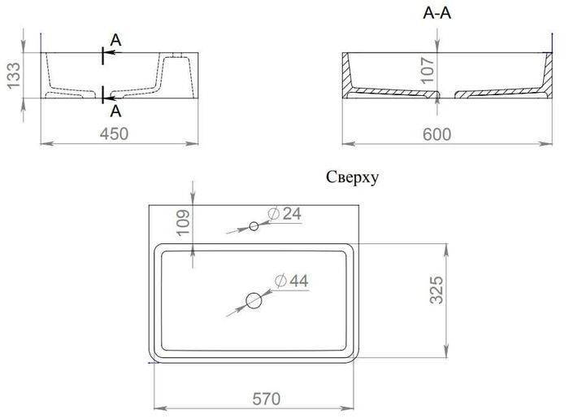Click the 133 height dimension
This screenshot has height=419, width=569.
(14, 76)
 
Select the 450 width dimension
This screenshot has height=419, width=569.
(115, 133)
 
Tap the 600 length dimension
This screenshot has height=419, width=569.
(437, 134)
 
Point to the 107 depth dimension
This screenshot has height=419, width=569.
(428, 70)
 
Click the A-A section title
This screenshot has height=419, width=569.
(437, 14)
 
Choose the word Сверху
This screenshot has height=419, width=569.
(352, 177)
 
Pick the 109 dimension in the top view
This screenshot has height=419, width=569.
(184, 223)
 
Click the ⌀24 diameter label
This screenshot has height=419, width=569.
(284, 213)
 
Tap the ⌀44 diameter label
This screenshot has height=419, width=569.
(291, 281)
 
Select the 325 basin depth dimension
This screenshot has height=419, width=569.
(437, 290)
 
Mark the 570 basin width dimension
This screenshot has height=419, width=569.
(267, 399)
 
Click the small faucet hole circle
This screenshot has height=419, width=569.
(254, 226)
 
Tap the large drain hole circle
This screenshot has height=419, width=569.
(254, 301)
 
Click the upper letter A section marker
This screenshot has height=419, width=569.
(115, 41)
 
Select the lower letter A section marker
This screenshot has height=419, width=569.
(115, 111)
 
